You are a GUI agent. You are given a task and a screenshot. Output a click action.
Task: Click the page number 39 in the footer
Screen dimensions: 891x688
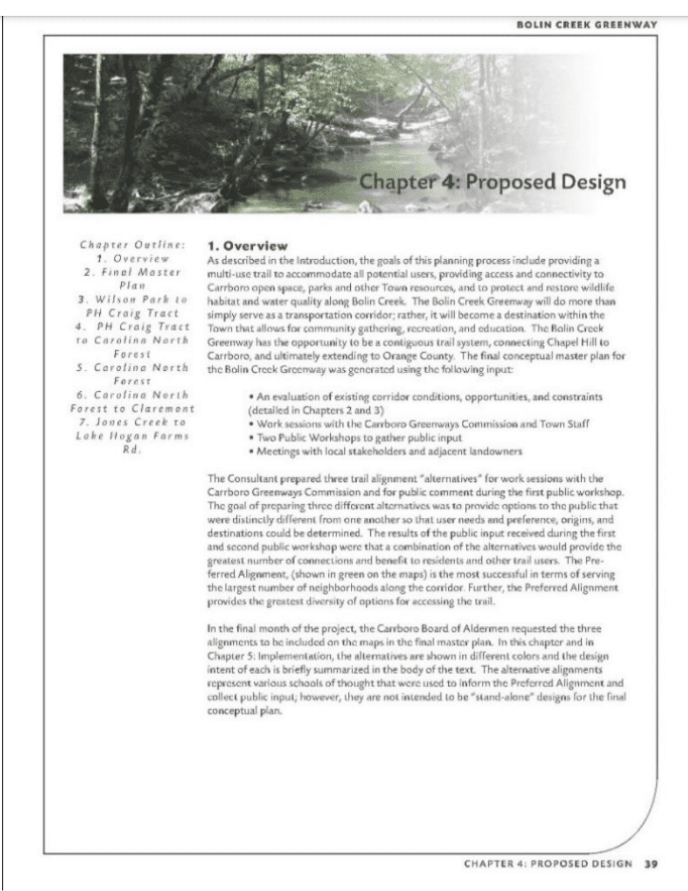pyautogui.click(x=651, y=864)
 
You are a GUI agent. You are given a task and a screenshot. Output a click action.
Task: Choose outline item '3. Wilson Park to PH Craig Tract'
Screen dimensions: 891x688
pyautogui.click(x=132, y=306)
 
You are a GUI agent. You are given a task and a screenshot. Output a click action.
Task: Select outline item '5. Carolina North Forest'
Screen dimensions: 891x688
pyautogui.click(x=132, y=374)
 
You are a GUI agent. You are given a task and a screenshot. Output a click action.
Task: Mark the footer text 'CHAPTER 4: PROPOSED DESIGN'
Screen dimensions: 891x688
pyautogui.click(x=547, y=864)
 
